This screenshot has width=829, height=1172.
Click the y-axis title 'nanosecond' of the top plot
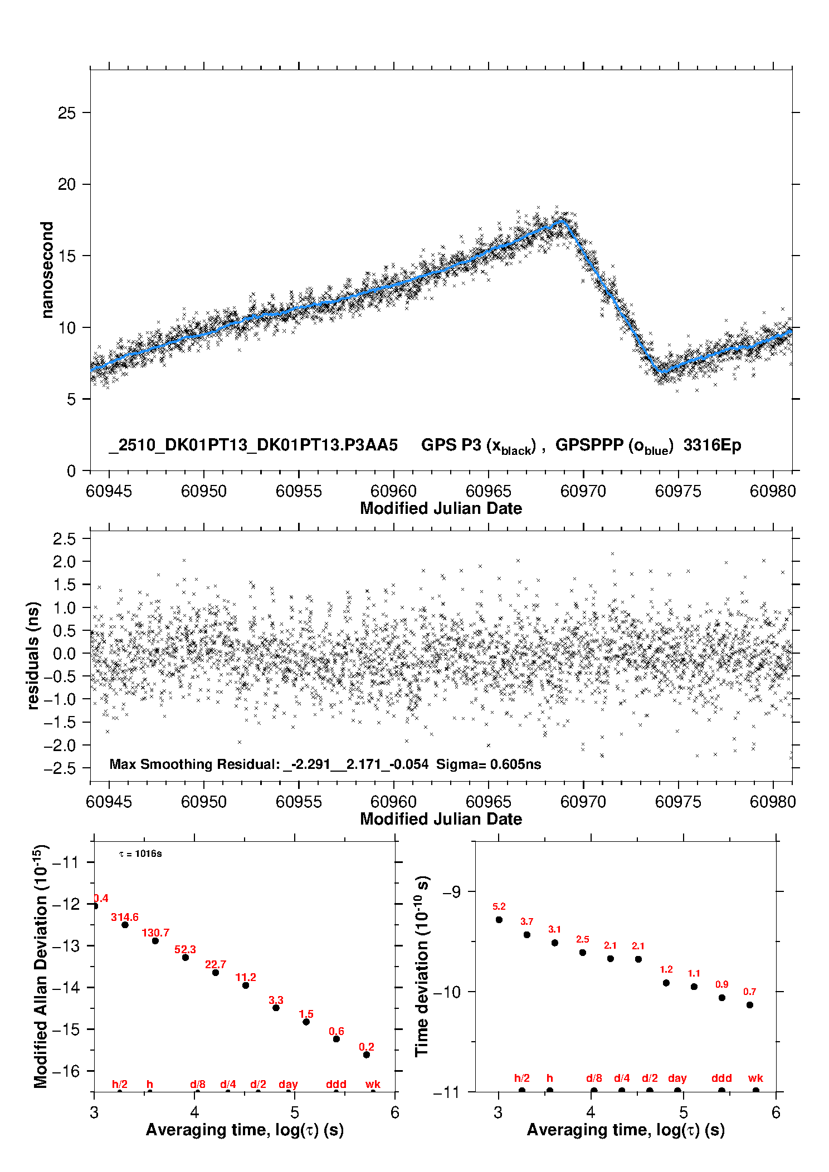coord(47,270)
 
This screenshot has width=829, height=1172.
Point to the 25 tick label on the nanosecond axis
coord(67,113)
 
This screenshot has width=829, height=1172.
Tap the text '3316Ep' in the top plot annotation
coord(712,445)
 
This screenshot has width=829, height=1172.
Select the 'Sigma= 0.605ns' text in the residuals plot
coord(488,764)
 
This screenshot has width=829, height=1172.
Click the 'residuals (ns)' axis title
coord(33,655)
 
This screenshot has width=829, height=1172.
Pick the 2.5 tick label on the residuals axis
coord(64,539)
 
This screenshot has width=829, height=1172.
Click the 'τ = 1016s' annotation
coord(140,854)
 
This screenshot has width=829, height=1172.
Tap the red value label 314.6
coord(125,917)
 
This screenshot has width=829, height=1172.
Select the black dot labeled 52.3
coord(186,957)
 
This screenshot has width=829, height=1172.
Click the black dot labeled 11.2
coord(246,985)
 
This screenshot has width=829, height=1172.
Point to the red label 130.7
coord(155,933)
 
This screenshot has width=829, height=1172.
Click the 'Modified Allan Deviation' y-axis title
coord(40,966)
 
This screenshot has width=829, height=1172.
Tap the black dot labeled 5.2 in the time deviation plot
coord(499,920)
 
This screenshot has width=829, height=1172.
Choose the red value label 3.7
coord(527,921)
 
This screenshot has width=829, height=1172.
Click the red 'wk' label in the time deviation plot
coord(755,1078)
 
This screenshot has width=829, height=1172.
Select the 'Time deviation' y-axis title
coord(422,966)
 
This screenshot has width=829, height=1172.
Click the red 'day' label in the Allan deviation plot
coord(288,1084)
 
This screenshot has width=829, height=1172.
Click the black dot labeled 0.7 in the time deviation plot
coord(750,1005)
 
